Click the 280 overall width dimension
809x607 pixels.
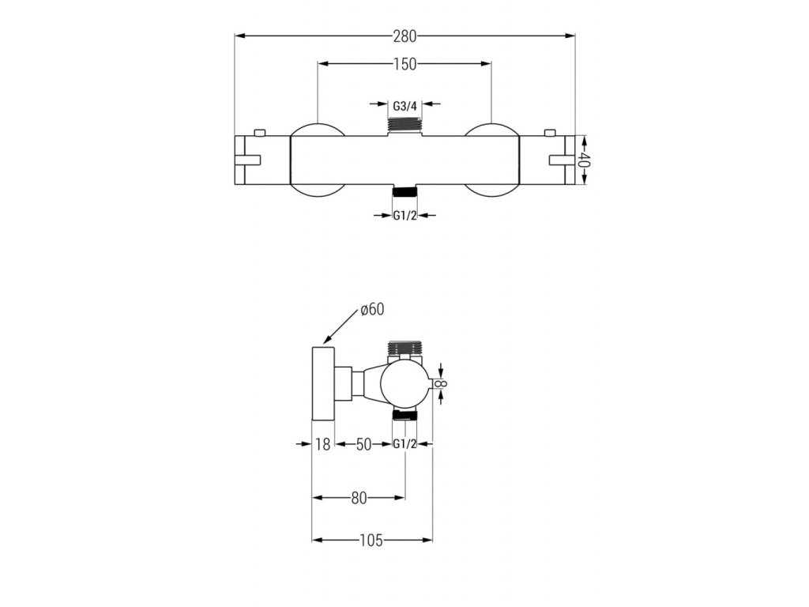[x=404, y=36]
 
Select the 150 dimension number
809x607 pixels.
[x=404, y=64]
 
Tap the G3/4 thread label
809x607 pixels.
[x=404, y=107]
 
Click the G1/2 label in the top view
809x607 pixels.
[x=404, y=216]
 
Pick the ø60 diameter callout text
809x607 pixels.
[x=373, y=310]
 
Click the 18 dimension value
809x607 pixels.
[x=322, y=444]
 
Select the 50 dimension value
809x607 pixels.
[x=363, y=444]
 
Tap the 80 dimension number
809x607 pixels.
[x=359, y=498]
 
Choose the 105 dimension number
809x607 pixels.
[x=371, y=541]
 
